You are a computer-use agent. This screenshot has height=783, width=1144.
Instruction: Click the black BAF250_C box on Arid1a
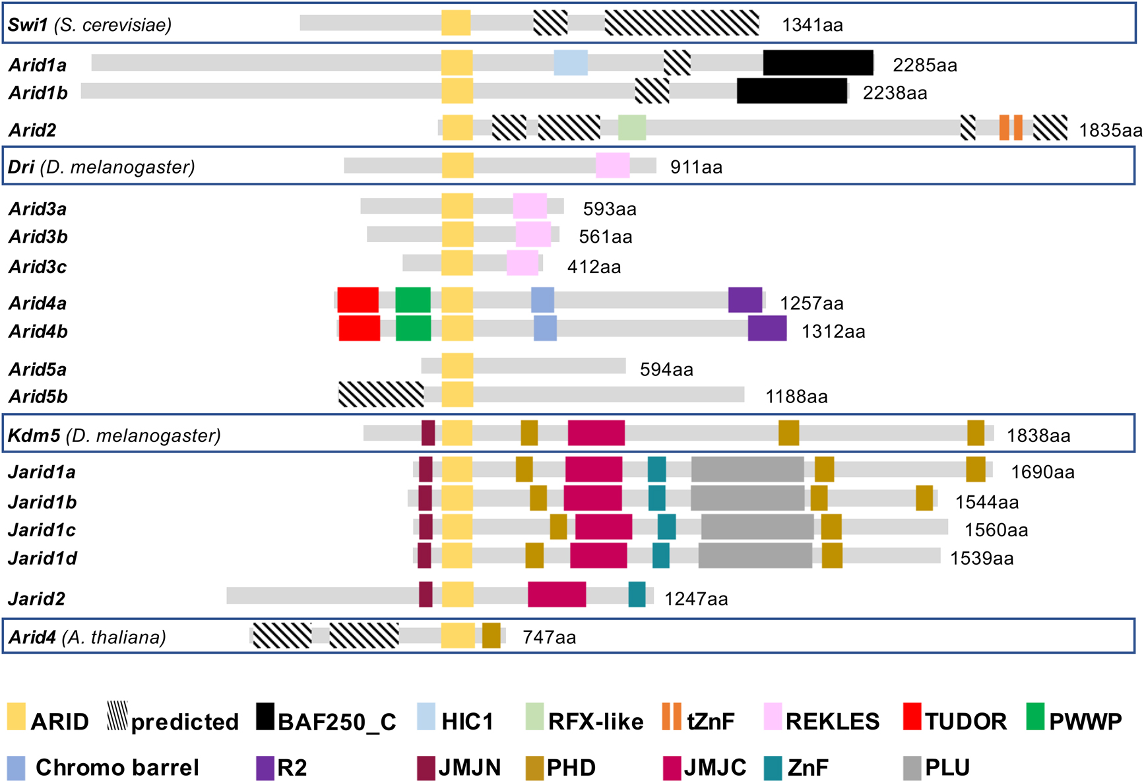[818, 63]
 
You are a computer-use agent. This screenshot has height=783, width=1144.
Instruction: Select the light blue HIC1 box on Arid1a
[571, 63]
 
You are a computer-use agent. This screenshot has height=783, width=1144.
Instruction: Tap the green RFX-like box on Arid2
[632, 127]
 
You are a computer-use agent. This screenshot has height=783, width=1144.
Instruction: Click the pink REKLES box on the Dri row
[612, 166]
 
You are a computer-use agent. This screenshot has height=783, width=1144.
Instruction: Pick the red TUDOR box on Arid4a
[358, 300]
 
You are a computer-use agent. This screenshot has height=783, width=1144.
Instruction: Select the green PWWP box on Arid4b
[413, 329]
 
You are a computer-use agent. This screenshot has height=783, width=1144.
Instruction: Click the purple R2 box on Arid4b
[767, 329]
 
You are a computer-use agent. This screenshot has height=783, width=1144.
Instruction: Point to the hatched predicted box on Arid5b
[381, 394]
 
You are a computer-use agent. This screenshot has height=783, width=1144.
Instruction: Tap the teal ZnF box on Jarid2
[637, 594]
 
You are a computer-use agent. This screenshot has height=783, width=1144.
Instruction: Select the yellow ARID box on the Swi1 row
[456, 23]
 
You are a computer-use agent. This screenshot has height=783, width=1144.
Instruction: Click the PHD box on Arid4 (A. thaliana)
[491, 635]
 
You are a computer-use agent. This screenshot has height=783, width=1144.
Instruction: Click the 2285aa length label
[924, 65]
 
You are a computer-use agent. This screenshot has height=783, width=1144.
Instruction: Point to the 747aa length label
[549, 637]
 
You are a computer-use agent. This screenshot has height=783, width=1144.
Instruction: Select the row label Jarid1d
[42, 558]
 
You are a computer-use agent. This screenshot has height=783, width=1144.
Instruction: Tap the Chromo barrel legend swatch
[16, 768]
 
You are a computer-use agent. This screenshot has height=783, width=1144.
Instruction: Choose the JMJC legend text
[715, 768]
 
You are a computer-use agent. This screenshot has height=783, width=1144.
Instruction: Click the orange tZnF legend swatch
[671, 717]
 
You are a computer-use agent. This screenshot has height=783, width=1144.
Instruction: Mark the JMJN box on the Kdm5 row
[428, 433]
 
